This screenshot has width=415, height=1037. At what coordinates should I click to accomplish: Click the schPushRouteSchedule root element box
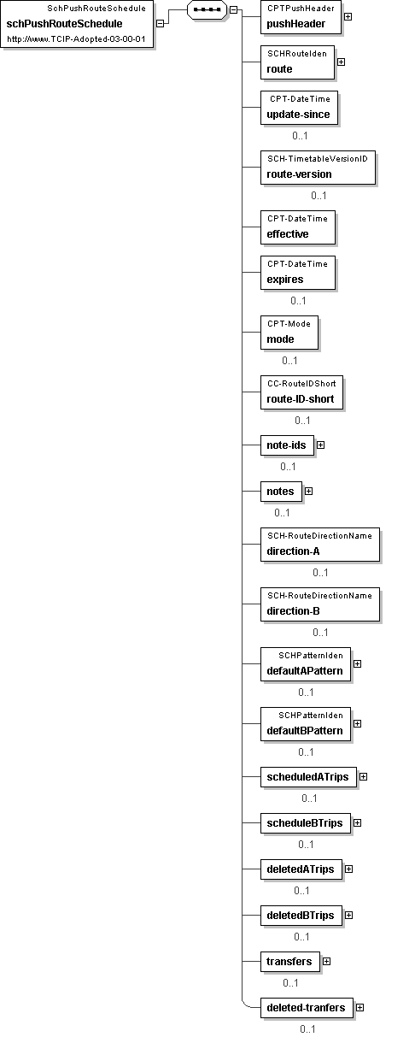tap(77, 24)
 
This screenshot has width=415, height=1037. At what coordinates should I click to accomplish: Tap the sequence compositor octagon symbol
tap(207, 9)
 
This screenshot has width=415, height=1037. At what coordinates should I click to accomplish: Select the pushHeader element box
tap(301, 17)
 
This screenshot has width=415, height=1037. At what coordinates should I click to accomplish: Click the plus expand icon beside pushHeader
tap(348, 16)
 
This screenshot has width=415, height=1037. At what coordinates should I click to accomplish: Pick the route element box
tap(297, 62)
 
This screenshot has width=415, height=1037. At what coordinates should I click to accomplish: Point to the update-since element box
tap(299, 108)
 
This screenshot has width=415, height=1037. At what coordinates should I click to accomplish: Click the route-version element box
tap(318, 167)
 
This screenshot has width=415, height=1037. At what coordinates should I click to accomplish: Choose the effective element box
tap(298, 227)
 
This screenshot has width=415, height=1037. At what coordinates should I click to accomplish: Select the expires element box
tap(298, 272)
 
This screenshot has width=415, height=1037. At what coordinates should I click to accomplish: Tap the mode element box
tap(289, 332)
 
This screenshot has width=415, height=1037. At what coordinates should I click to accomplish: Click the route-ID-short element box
tap(301, 392)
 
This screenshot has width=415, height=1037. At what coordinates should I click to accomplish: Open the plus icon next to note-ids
tap(320, 445)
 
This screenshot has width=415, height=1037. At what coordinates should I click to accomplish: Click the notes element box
tap(281, 492)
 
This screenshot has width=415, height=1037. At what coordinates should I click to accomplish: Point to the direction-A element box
tap(320, 544)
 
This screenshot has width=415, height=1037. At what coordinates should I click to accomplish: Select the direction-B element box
tap(320, 604)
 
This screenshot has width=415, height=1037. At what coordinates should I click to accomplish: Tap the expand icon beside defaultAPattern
tap(357, 664)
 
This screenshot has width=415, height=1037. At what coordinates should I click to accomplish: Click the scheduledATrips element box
tap(308, 777)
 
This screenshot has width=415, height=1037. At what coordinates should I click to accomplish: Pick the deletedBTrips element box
tap(301, 916)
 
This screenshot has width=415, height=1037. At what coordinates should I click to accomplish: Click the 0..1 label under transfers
tap(290, 983)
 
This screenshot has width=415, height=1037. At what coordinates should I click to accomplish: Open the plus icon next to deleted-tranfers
tap(359, 1007)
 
